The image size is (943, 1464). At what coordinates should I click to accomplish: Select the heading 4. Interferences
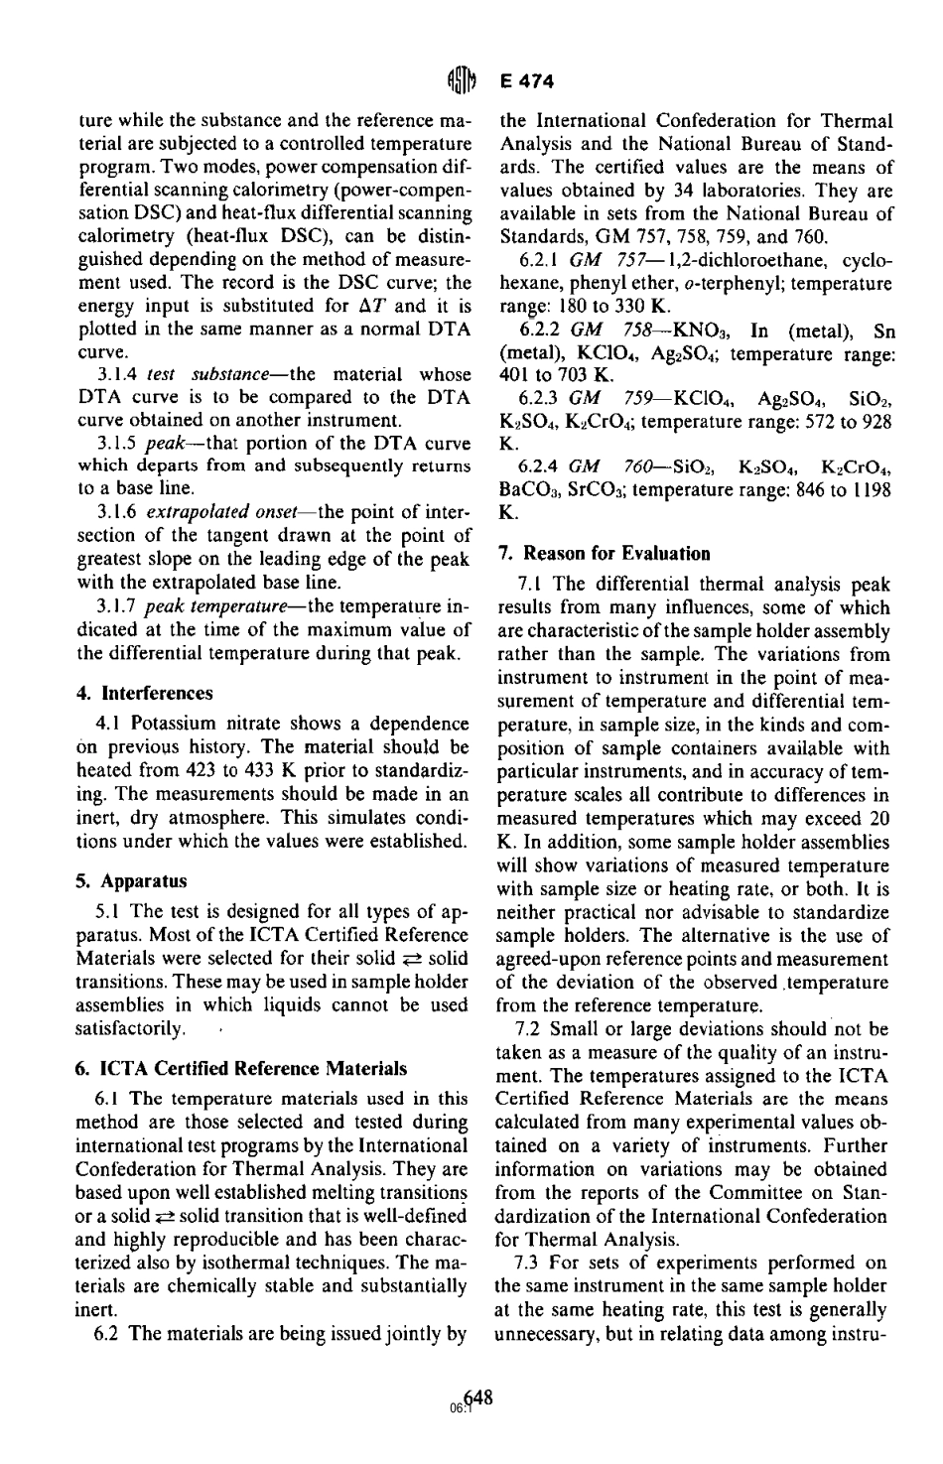coord(145,692)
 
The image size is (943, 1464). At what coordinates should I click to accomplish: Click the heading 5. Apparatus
coord(132,880)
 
